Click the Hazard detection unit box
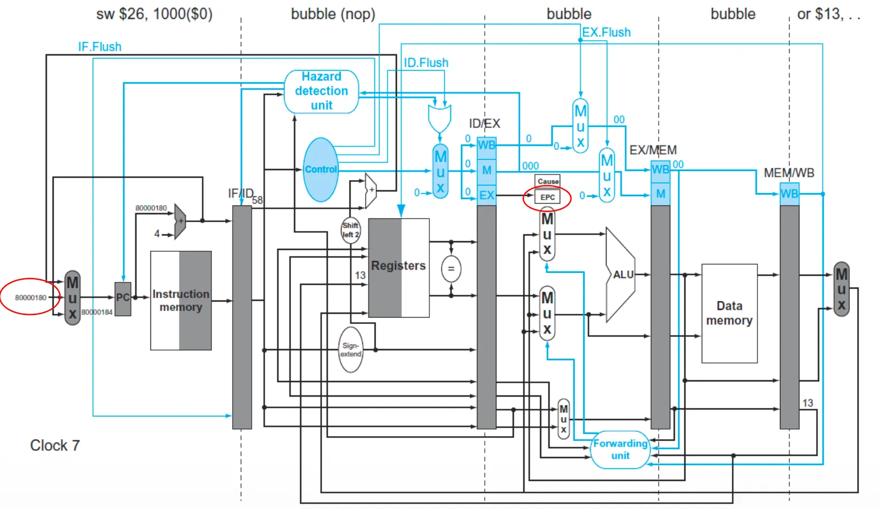(x=321, y=91)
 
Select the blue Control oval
(x=321, y=169)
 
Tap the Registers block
(x=399, y=267)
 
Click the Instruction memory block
(x=181, y=300)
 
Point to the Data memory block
(x=729, y=313)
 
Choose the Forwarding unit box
(x=620, y=449)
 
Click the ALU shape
(x=621, y=274)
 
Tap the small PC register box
(x=122, y=298)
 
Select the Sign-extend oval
(x=351, y=350)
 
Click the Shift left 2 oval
(x=351, y=230)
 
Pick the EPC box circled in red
(x=547, y=197)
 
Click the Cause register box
(x=547, y=181)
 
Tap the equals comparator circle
(x=451, y=269)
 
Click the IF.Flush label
(x=100, y=47)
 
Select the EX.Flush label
(x=606, y=32)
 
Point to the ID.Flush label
(x=426, y=63)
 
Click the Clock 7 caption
(x=55, y=445)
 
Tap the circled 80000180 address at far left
(x=31, y=298)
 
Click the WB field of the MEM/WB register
(x=789, y=194)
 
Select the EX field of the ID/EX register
(x=486, y=195)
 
